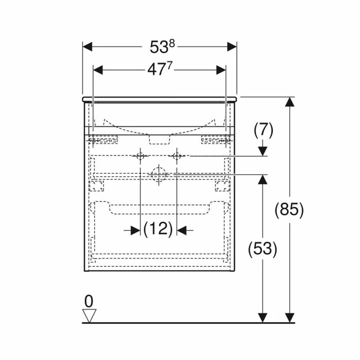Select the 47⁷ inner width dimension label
159,70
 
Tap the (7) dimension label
263,130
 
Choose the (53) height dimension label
262,248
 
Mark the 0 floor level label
90,301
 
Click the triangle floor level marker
90,315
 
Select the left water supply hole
140,156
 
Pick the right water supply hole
176,156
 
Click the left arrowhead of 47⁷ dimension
98,70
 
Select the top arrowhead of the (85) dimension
290,102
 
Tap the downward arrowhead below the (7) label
262,151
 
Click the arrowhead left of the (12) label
135,230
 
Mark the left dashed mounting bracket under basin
103,140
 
